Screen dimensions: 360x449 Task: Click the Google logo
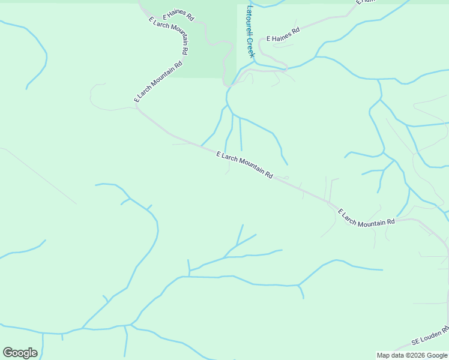point(20,353)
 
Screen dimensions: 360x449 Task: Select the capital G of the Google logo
point(7,353)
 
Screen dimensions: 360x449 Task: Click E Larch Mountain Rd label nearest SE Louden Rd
point(366,218)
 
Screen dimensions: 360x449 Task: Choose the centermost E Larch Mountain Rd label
point(245,165)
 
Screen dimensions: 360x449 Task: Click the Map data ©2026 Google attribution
point(412,355)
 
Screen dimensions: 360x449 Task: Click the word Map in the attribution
point(383,355)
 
